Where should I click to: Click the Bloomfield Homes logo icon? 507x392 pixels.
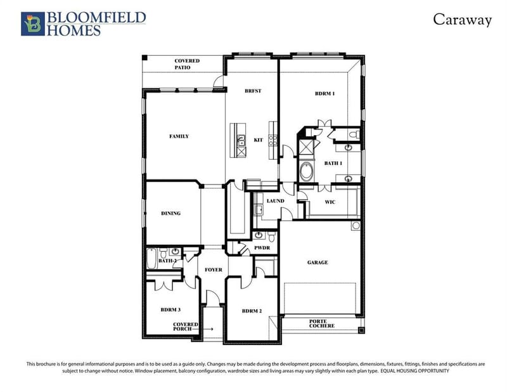[x=33, y=23]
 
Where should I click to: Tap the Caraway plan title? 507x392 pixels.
[x=462, y=20]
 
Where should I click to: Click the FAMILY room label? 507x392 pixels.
[x=179, y=136]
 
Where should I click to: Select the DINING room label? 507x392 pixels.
[x=170, y=213]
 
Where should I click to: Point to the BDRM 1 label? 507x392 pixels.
[x=324, y=93]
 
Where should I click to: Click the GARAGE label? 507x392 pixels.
[x=318, y=263]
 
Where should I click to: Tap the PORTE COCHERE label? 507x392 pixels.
[x=322, y=323]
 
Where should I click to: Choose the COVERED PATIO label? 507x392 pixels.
[x=187, y=64]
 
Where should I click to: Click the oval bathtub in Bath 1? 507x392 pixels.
[x=306, y=171]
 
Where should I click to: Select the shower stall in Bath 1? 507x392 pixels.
[x=305, y=148]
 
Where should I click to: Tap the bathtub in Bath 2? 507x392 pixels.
[x=151, y=258]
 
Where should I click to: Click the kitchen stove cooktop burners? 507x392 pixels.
[x=273, y=140]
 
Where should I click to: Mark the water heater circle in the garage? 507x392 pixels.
[x=356, y=226]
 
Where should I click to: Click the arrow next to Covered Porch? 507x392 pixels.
[x=203, y=329]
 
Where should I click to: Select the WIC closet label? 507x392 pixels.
[x=330, y=202]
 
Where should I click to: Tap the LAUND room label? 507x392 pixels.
[x=276, y=201]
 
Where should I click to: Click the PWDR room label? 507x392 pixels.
[x=262, y=247]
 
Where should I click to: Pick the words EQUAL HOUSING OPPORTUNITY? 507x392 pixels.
[x=415, y=371]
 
